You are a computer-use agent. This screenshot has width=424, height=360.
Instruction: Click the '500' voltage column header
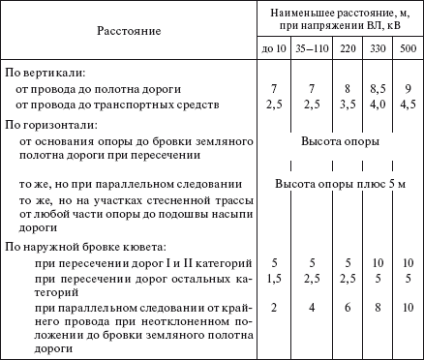[x=408, y=48]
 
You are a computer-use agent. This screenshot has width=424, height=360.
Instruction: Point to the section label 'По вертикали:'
[x=45, y=73]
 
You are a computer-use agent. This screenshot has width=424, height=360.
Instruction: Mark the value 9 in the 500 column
[x=408, y=89]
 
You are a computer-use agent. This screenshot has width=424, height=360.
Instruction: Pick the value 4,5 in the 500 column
[x=408, y=104]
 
